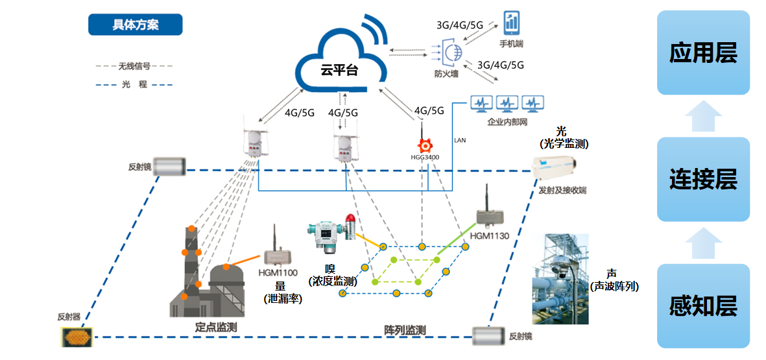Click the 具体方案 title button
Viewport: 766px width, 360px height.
pyautogui.click(x=135, y=25)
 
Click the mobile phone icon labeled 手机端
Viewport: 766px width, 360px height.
pyautogui.click(x=512, y=23)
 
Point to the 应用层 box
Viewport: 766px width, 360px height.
pyautogui.click(x=703, y=53)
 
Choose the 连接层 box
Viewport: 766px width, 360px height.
pyautogui.click(x=703, y=180)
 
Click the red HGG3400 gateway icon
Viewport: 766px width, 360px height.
pyautogui.click(x=425, y=143)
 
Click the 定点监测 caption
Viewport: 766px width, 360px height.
pyautogui.click(x=216, y=327)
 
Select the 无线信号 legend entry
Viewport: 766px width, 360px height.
pyautogui.click(x=134, y=66)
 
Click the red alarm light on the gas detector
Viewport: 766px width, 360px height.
pyautogui.click(x=350, y=219)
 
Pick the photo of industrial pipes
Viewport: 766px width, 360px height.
pyautogui.click(x=560, y=279)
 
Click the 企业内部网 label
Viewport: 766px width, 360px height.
pyautogui.click(x=507, y=121)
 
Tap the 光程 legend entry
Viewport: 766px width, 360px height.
pyautogui.click(x=134, y=84)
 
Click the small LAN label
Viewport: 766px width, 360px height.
pyautogui.click(x=459, y=140)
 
